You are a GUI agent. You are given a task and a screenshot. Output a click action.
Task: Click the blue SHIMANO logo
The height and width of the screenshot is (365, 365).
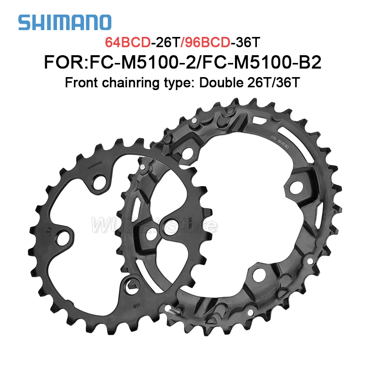(64, 22)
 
